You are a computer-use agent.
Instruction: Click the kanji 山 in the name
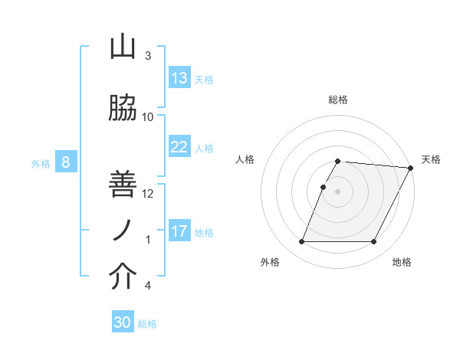coord(123,47)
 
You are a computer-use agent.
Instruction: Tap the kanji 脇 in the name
coord(123,110)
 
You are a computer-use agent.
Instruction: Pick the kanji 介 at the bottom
coord(123,277)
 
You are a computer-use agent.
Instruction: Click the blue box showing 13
coord(179,78)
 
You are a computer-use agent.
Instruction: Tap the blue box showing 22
coord(179,147)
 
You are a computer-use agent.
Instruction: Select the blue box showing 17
coord(179,231)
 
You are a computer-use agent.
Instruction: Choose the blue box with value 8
coord(66,162)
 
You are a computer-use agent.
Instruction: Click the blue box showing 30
coord(123,322)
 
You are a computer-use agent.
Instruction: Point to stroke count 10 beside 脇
coord(148,117)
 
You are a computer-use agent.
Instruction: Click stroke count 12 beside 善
coord(148,194)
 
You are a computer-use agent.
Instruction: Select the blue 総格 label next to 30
coord(147,324)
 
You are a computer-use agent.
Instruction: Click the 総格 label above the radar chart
coord(338,100)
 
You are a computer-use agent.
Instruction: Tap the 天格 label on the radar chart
coord(431,159)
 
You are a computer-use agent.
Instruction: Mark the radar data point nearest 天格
coord(411,168)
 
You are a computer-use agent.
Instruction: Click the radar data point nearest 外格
coord(301,242)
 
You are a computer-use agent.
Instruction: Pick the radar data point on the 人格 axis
coord(323,187)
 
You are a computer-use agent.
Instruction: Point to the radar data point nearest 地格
coord(374,242)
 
